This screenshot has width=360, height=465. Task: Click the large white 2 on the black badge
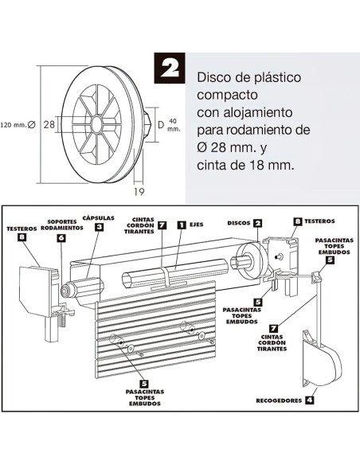point(171,68)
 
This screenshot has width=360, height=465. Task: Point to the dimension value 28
point(49,123)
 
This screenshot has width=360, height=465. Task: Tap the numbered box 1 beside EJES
point(181,225)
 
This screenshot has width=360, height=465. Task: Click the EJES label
point(198,225)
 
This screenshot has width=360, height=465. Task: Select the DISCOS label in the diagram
point(238,223)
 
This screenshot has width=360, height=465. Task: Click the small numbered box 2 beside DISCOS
point(258,223)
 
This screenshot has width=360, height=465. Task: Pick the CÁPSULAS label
point(99,217)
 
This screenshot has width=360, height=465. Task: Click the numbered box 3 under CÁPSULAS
point(98,227)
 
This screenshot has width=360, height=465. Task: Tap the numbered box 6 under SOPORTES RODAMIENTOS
point(61,237)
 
